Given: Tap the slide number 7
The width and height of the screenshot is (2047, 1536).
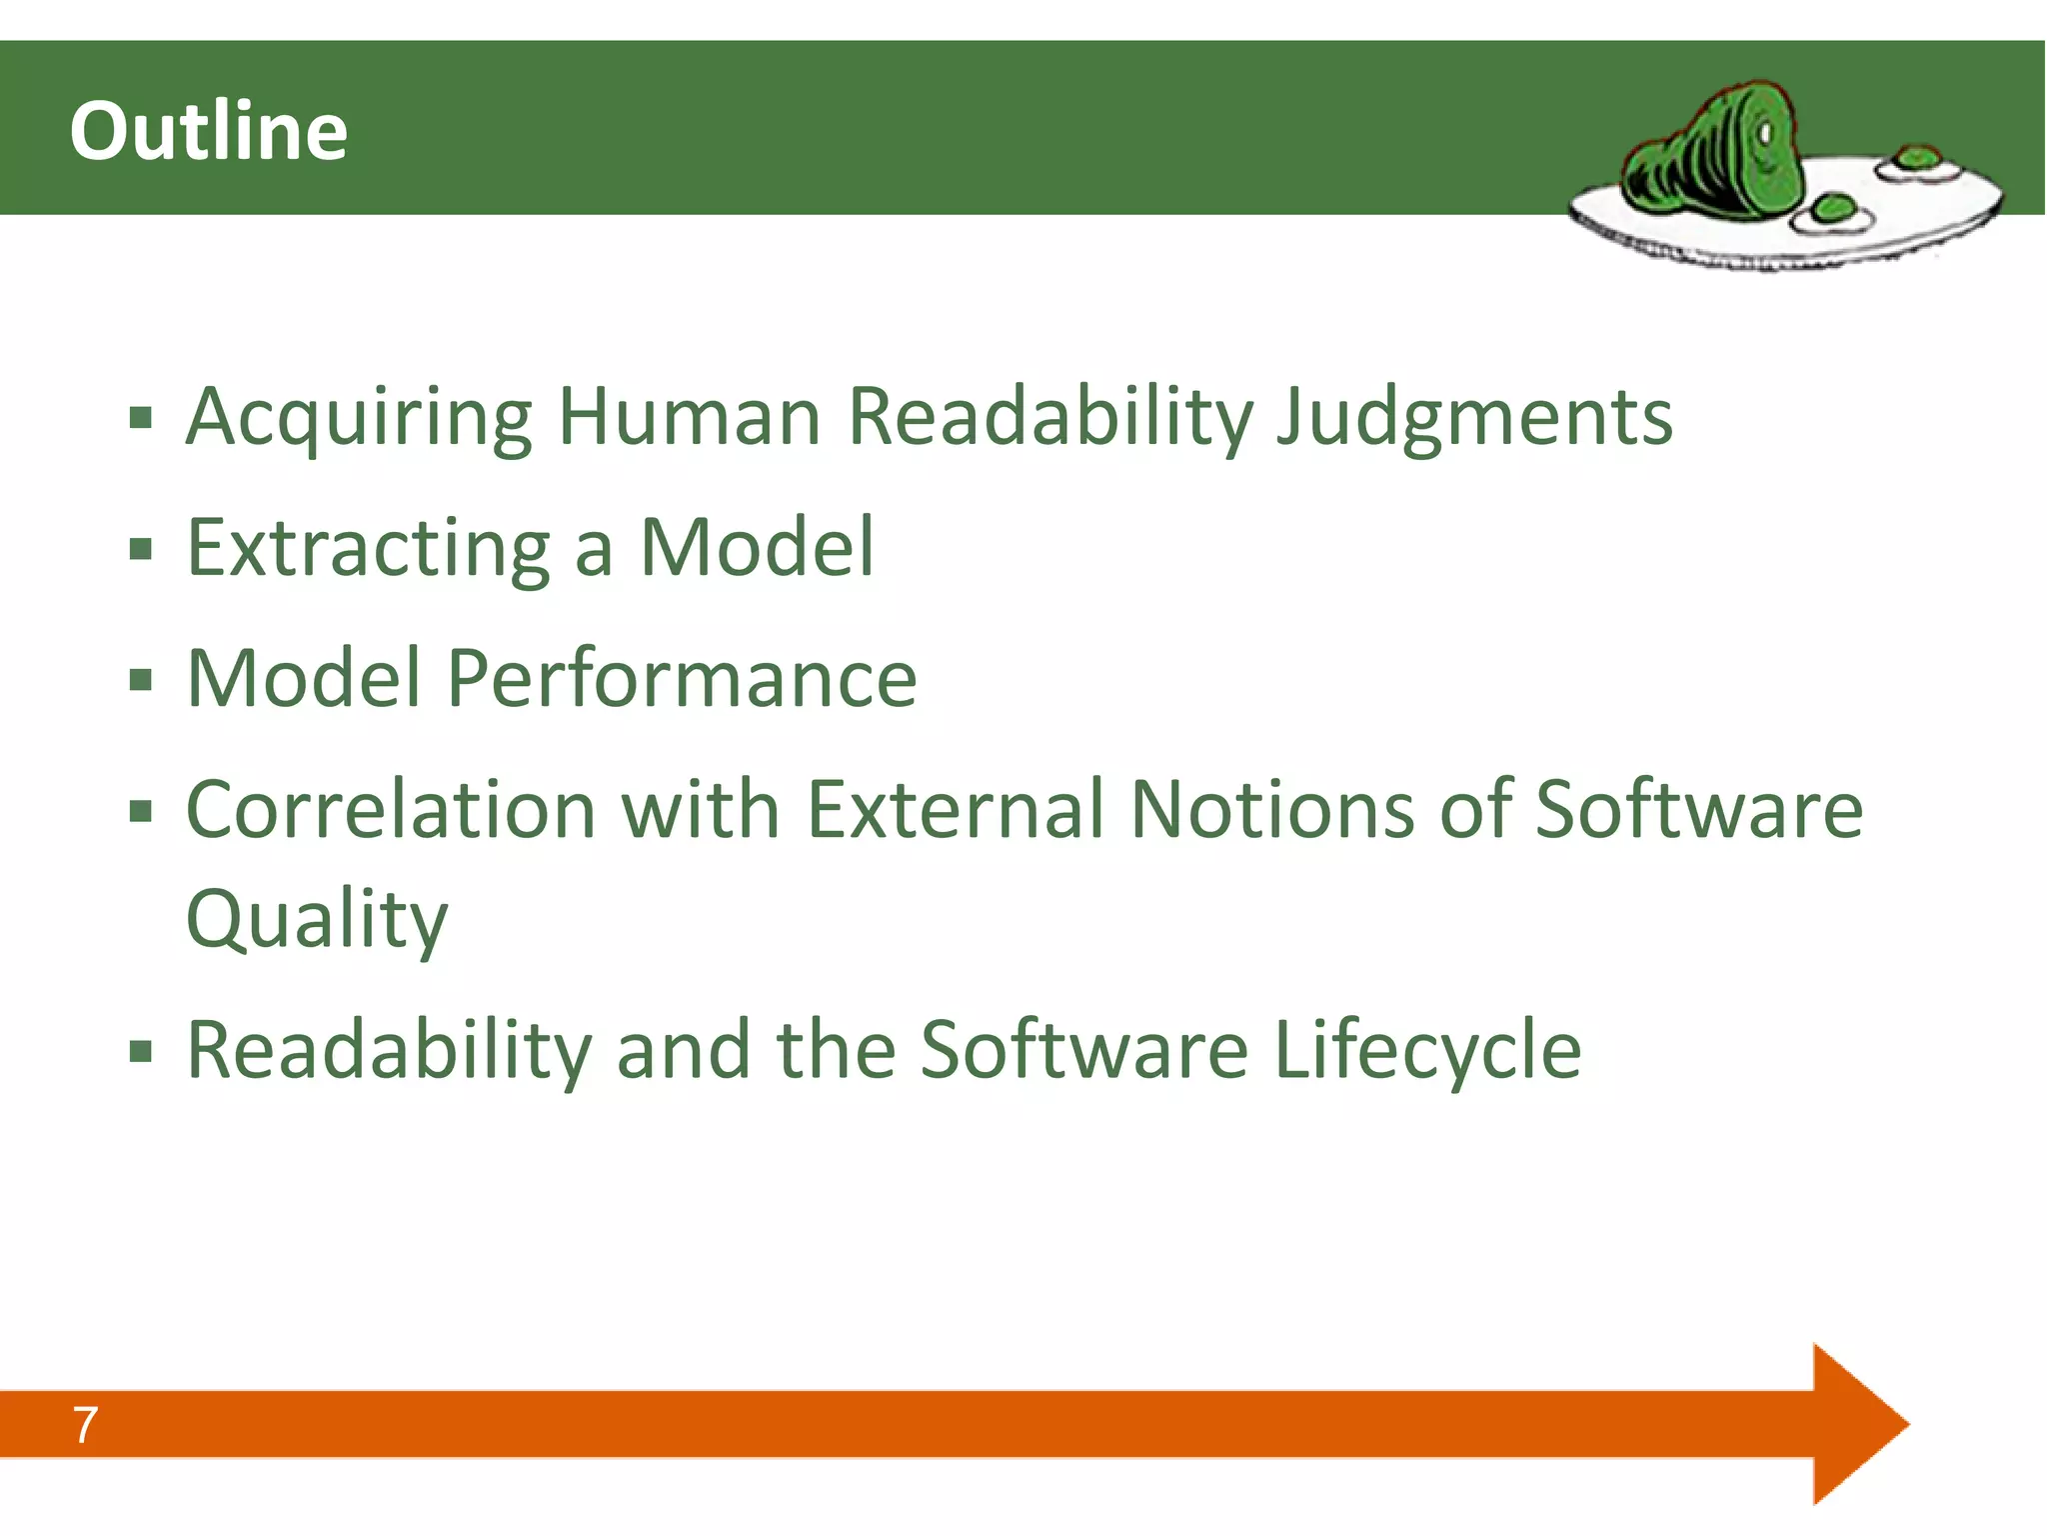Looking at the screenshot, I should coord(85,1424).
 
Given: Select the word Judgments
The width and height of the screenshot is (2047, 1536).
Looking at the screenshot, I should coord(1474,418).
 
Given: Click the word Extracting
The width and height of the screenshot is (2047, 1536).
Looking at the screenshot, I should coord(368,548).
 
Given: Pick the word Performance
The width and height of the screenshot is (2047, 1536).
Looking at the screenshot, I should coord(682,679).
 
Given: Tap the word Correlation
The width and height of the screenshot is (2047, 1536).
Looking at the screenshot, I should coord(391,809).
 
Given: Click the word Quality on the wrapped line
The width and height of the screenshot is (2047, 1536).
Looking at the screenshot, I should coord(317,919).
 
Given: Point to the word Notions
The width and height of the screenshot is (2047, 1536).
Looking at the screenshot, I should coord(1271,809).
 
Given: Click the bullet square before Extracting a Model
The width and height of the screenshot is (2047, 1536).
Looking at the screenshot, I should coord(141,549).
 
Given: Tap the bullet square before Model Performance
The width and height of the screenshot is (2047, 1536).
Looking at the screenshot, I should coord(141,681).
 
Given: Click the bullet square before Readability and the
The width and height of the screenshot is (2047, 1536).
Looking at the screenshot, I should coord(141,1052).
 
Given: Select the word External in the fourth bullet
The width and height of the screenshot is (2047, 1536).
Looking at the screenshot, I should coord(955,809).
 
